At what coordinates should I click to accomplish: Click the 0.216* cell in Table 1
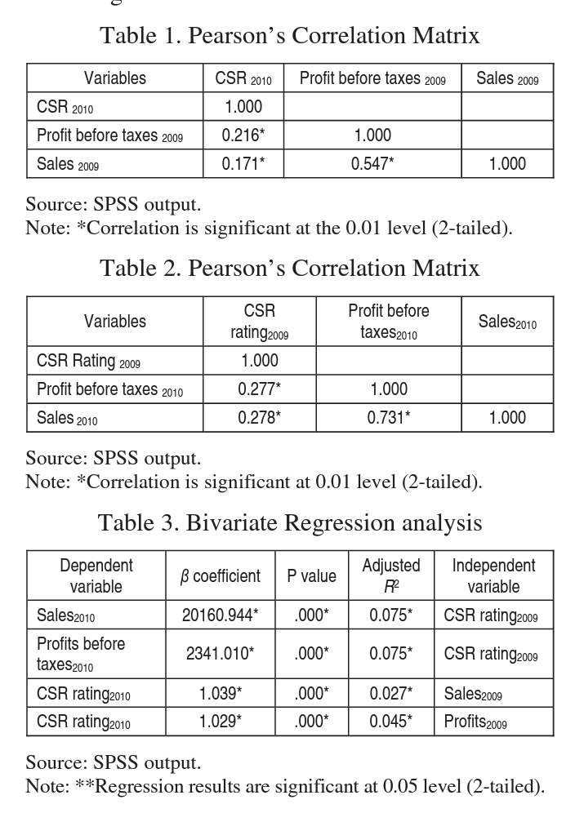click(243, 135)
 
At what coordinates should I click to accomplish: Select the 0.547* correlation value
click(372, 164)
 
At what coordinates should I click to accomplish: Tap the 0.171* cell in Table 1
click(243, 164)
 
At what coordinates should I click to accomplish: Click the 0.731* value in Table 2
click(388, 418)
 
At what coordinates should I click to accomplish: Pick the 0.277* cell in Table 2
click(259, 389)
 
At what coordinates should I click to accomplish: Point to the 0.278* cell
click(259, 418)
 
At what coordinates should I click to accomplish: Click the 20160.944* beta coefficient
click(220, 615)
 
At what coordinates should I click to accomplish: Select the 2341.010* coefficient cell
click(220, 654)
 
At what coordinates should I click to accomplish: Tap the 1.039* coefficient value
click(220, 694)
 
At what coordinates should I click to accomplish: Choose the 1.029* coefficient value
click(220, 722)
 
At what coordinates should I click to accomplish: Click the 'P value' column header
click(311, 576)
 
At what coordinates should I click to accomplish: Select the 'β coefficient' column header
click(220, 576)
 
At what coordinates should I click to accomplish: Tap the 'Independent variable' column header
click(493, 576)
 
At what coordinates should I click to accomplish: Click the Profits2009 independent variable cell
click(475, 722)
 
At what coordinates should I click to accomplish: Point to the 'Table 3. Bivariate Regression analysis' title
click(290, 522)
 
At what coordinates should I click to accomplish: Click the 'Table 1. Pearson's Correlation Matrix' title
click(289, 36)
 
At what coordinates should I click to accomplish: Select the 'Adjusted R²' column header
click(390, 576)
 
